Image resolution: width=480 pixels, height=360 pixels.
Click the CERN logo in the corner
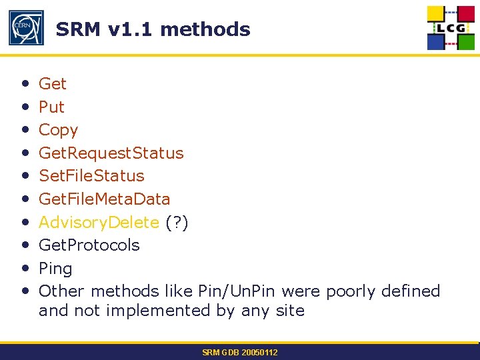tap(26, 28)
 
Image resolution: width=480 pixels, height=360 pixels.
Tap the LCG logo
tap(451, 28)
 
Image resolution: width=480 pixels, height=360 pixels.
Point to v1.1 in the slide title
tap(131, 29)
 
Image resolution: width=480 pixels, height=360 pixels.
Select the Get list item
tap(53, 84)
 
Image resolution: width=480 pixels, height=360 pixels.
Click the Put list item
tap(51, 107)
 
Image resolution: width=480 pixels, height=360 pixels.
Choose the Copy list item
tap(58, 130)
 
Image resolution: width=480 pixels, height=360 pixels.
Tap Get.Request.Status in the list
tap(111, 153)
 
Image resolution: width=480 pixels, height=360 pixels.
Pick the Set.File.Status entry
tap(91, 176)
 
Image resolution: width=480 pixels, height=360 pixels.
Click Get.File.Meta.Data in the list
tap(104, 199)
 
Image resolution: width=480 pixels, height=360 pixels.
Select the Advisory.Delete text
tap(99, 222)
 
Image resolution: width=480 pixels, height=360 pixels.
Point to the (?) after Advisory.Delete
tap(177, 222)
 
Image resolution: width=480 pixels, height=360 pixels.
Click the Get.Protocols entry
tap(89, 245)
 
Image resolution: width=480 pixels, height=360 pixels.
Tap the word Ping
tap(55, 269)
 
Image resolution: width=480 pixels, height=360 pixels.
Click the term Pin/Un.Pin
tap(237, 291)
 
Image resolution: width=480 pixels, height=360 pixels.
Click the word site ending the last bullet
tap(291, 311)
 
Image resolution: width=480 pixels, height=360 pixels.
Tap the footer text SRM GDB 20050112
tap(240, 352)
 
